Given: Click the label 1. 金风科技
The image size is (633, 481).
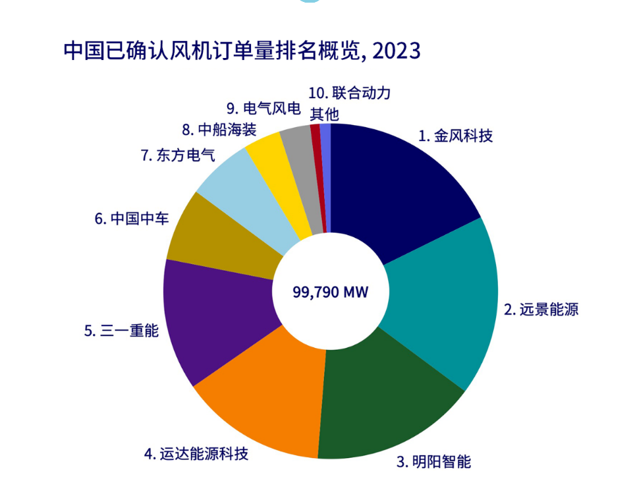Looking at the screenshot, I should [x=455, y=136].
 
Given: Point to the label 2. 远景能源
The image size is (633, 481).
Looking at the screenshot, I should [x=541, y=308].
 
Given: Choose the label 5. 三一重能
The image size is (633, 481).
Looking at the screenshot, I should [x=121, y=331].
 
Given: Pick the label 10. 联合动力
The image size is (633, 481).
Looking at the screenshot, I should [x=348, y=93].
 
